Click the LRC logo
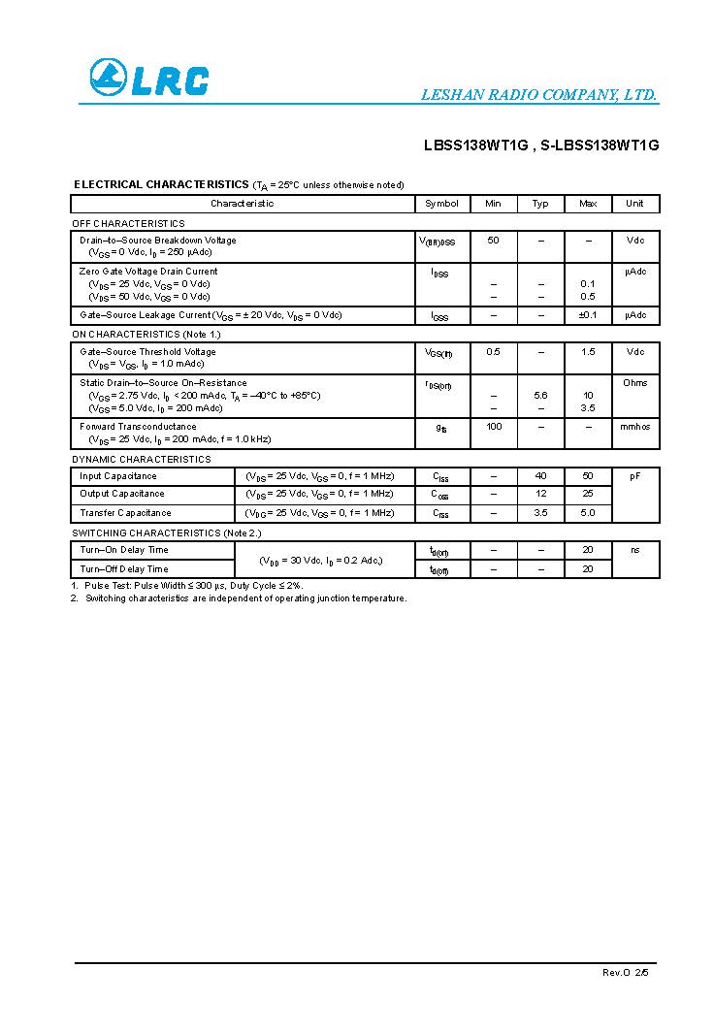click(x=148, y=79)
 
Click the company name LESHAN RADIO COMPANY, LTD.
click(x=538, y=95)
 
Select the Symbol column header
click(x=441, y=204)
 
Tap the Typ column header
click(x=540, y=204)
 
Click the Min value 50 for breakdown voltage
click(x=493, y=240)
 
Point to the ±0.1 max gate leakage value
click(x=588, y=315)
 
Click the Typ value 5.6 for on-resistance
click(x=540, y=396)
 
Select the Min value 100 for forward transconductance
click(x=494, y=427)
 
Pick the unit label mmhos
click(x=634, y=427)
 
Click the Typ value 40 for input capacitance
click(x=540, y=476)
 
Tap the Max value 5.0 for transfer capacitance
click(x=588, y=513)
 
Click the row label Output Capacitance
click(x=122, y=494)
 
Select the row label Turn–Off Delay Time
click(x=123, y=569)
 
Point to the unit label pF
click(x=634, y=476)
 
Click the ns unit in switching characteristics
click(x=634, y=550)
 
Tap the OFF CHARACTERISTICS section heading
click(x=128, y=224)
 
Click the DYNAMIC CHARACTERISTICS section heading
click(x=141, y=460)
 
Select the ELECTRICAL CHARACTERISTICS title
click(x=161, y=184)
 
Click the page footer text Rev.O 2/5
click(x=624, y=972)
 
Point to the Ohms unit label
click(x=634, y=383)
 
